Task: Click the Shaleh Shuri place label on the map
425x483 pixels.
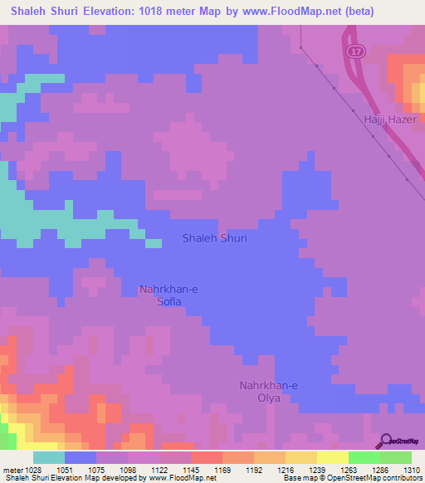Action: tap(214, 238)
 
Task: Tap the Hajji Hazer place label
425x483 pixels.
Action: tap(388, 120)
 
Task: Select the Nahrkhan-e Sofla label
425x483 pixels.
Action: tap(170, 295)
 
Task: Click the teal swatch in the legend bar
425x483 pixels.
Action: tap(49, 457)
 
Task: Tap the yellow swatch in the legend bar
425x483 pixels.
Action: tap(332, 457)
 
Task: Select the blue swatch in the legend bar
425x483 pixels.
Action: tap(81, 457)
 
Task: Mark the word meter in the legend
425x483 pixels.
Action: tap(12, 470)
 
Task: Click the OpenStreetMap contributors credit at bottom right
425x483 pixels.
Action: tap(379, 478)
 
